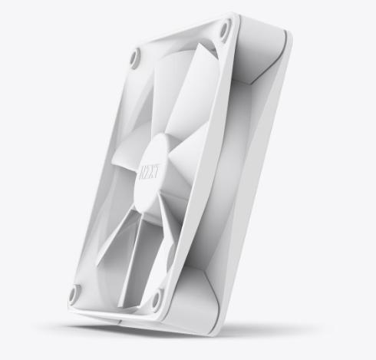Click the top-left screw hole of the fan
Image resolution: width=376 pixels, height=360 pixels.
point(135,57)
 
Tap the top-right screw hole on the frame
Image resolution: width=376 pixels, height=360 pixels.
point(225,31)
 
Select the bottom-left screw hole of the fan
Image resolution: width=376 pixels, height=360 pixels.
point(74,292)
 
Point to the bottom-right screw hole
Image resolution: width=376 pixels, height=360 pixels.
point(157,298)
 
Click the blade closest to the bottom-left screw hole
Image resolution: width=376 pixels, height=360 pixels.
point(107,246)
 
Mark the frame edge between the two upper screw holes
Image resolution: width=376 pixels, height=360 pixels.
point(180,40)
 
